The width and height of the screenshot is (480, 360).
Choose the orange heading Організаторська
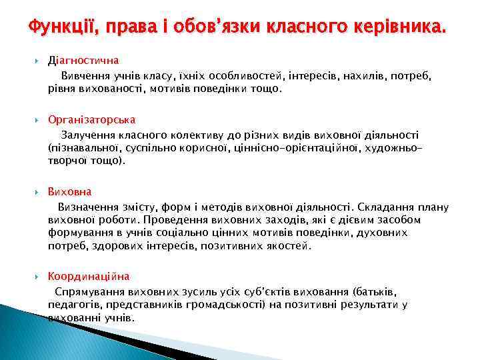(91, 119)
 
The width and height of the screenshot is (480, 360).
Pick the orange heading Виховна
(69, 192)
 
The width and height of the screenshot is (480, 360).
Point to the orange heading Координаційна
(89, 276)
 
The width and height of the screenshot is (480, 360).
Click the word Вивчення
(84, 76)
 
